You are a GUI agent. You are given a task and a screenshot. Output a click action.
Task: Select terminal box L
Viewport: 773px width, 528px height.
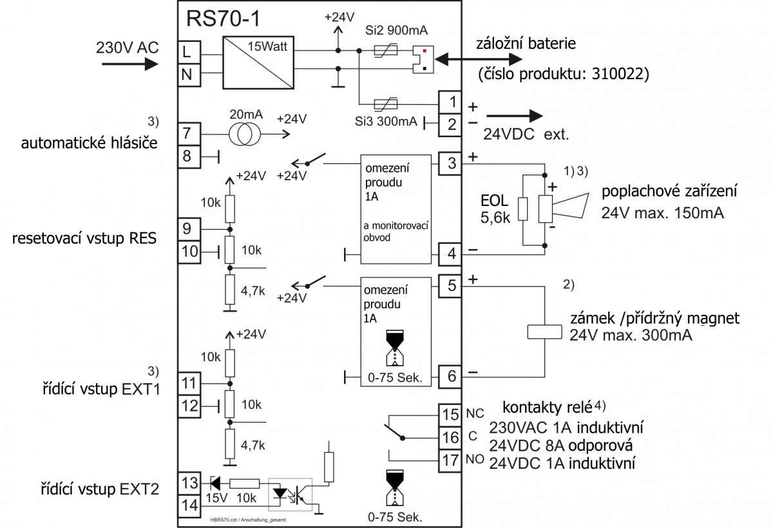[187, 51]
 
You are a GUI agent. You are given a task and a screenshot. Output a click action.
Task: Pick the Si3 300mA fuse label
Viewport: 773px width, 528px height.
[386, 121]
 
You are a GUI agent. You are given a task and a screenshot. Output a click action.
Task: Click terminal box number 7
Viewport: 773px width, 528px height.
[187, 133]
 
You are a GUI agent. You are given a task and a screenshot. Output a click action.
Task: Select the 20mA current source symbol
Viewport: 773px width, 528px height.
[245, 133]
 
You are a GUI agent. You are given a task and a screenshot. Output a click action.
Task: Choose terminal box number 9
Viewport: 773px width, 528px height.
[187, 228]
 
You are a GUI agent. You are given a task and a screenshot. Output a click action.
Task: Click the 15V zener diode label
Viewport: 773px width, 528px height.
[213, 498]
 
